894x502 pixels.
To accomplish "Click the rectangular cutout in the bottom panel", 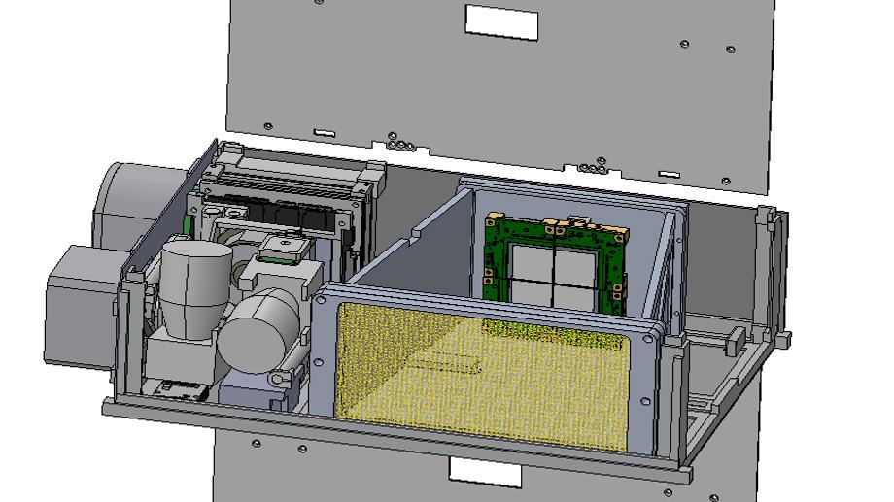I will [x=485, y=473].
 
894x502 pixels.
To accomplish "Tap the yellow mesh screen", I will [x=486, y=374].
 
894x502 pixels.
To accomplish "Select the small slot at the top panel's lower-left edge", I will [x=324, y=132].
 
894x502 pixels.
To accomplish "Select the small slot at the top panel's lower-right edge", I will [x=669, y=174].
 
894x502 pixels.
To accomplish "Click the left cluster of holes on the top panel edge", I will [x=400, y=145].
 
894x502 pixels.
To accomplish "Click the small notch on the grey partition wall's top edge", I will [x=417, y=232].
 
